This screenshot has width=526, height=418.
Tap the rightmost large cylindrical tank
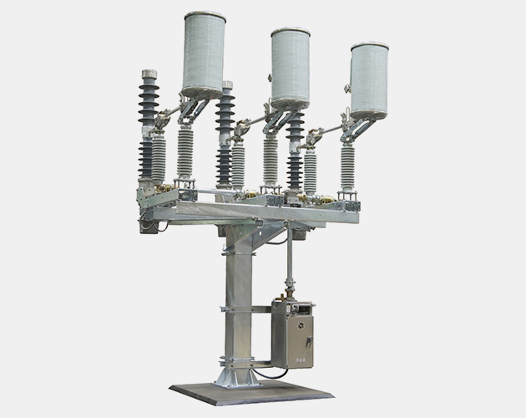[368, 80]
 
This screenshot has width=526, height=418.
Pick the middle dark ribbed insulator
[225, 138]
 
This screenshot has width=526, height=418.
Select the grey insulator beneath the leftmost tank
[185, 151]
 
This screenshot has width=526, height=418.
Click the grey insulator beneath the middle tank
[271, 159]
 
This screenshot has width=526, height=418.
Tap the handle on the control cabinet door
[308, 343]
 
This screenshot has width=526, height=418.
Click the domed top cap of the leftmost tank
[205, 17]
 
